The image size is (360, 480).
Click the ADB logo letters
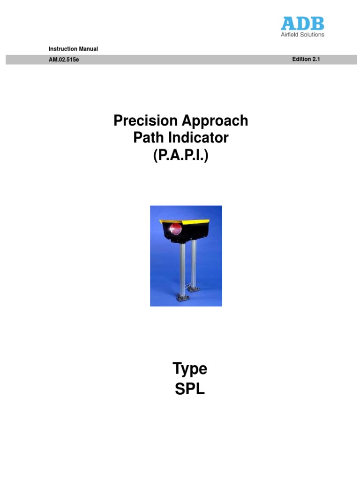[x=302, y=23]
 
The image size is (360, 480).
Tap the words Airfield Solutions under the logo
[x=302, y=34]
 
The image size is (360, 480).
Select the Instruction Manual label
[x=73, y=49]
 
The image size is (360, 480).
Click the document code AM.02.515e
[x=64, y=60]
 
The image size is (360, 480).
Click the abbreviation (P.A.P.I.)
[x=180, y=155]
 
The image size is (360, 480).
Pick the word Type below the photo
[x=190, y=369]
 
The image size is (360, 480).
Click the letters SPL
[x=190, y=389]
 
